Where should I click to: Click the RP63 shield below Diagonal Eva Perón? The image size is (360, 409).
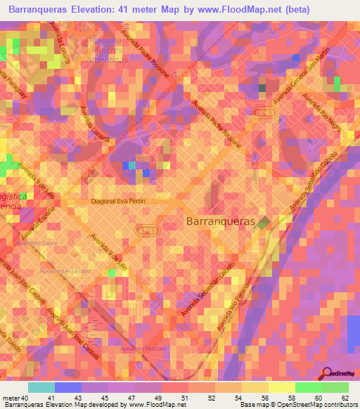(x=147, y=230)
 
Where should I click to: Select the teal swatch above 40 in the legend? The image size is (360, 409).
(x=41, y=387)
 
